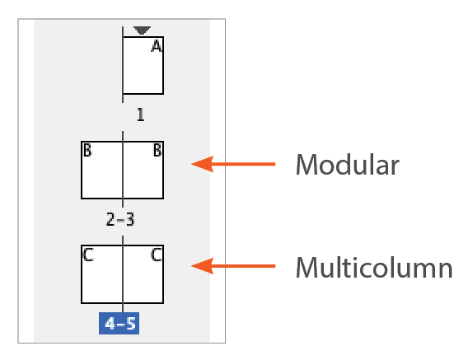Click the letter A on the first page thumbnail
coord(157,46)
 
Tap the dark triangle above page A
coord(142,30)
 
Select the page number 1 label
coord(141,115)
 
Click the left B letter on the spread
coord(87,150)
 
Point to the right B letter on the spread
coord(157,150)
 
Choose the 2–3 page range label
coord(120,219)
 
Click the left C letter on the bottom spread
coord(88,255)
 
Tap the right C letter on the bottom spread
coord(157,255)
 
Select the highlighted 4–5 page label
coord(119,323)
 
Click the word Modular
coord(348,165)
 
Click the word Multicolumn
coord(374,268)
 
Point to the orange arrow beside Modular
coord(233,164)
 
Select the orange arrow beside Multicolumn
coord(233,266)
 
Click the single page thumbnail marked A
coord(143,65)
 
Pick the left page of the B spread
coord(102,171)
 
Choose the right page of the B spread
coord(143,171)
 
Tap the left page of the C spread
coord(102,274)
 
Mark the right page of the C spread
coord(143,274)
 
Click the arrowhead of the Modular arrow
coord(203,164)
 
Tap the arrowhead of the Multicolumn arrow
coord(203,266)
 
